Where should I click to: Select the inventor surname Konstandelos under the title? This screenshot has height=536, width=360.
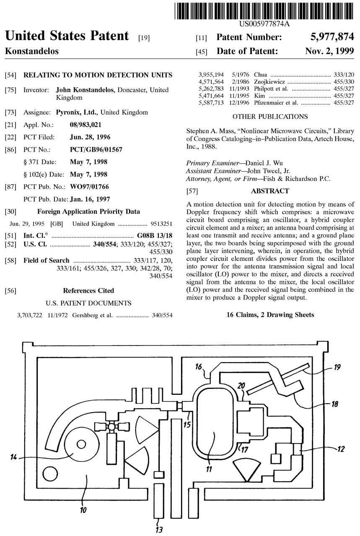31,52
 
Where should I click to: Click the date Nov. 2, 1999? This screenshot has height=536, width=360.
329,52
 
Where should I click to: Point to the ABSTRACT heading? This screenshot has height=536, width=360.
270,191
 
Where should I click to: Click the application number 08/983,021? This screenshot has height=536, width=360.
85,124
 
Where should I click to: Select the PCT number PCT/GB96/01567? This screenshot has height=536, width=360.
96,149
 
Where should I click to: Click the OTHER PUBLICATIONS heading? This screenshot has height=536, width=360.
270,116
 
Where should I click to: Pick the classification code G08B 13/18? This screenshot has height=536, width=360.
155,236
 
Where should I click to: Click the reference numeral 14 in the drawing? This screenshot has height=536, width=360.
13,457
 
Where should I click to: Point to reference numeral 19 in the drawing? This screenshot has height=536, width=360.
337,368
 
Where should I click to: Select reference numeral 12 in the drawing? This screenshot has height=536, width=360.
340,449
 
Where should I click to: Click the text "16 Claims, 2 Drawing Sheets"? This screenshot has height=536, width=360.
270,314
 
